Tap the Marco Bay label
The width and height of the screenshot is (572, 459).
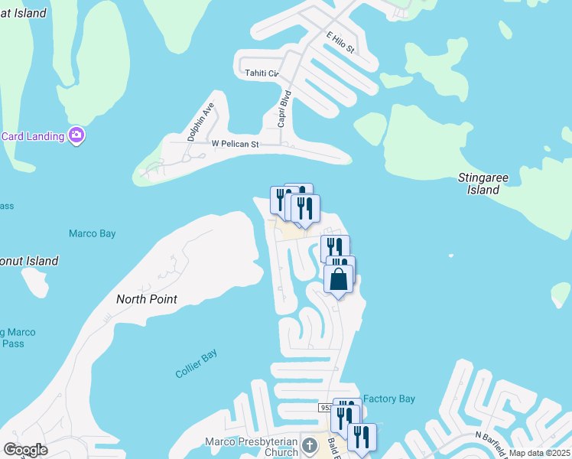click(92, 233)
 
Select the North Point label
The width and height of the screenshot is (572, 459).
click(147, 299)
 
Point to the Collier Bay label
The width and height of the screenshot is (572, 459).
click(196, 363)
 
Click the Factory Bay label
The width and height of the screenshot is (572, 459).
click(388, 399)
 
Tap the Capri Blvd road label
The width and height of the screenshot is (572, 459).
click(284, 109)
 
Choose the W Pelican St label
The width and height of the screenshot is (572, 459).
click(236, 143)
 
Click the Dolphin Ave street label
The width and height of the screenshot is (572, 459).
click(201, 122)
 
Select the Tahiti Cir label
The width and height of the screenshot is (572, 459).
click(261, 73)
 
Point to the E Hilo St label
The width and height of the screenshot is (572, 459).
click(340, 43)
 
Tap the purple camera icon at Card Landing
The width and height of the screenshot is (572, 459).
click(76, 136)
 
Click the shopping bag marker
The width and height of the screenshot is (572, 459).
click(340, 279)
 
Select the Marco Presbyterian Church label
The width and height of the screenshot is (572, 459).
click(251, 446)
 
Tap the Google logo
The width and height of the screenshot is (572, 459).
click(25, 449)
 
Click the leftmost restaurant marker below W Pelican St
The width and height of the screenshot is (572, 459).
click(281, 200)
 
